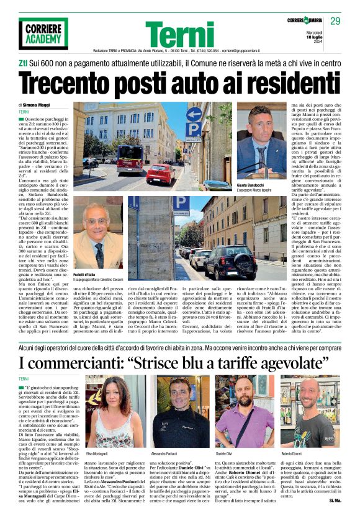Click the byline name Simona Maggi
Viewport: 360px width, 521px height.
click(38, 106)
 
